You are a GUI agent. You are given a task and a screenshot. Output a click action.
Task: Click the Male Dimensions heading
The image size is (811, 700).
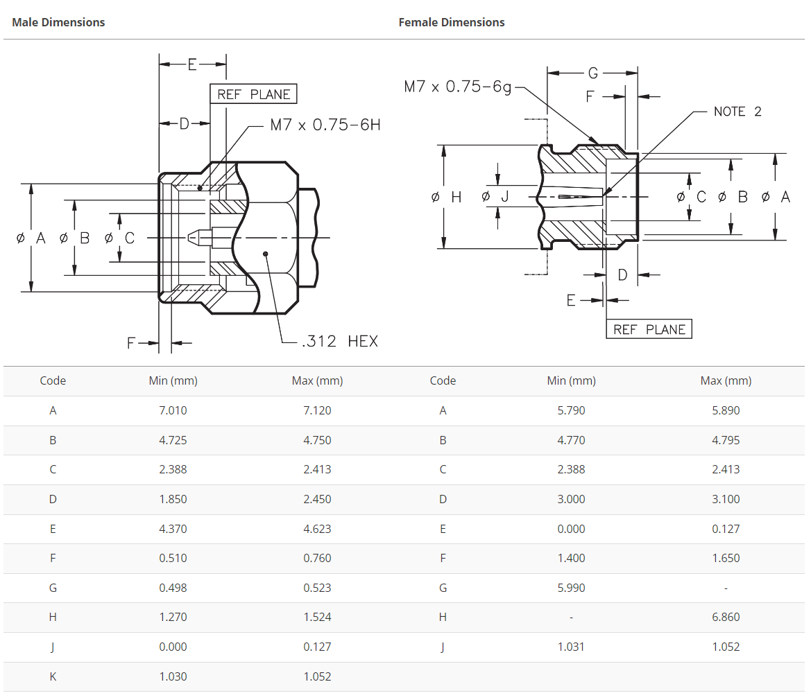(x=58, y=22)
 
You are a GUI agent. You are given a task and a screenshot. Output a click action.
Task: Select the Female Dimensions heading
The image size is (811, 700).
(x=451, y=22)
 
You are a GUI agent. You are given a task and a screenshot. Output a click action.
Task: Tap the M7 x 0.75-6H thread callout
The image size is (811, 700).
(x=325, y=125)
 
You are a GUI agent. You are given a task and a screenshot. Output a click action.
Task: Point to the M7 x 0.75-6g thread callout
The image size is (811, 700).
(x=458, y=87)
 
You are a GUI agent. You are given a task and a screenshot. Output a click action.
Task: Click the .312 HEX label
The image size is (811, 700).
(x=340, y=341)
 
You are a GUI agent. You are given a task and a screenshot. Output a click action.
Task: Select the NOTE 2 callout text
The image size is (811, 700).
(x=737, y=112)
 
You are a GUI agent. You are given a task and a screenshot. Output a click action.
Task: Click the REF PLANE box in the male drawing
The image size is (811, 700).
(x=254, y=94)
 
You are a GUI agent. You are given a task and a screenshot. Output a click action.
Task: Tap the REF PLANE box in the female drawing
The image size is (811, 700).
(x=649, y=329)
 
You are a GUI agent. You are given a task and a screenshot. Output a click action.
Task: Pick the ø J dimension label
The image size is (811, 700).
(x=495, y=197)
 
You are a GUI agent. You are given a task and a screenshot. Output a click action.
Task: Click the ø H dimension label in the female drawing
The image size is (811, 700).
(x=446, y=197)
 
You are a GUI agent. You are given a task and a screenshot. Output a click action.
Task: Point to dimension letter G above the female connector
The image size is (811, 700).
(x=592, y=73)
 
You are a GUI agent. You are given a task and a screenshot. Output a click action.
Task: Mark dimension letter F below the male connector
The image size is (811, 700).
(x=132, y=342)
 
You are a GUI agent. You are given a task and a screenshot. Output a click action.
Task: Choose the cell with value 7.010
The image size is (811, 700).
(x=173, y=410)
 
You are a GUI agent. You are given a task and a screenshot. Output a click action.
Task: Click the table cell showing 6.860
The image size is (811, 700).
(x=726, y=617)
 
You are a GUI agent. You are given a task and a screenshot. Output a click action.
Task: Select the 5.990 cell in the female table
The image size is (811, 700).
(x=571, y=588)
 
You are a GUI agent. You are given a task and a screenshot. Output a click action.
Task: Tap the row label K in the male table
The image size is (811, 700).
(x=53, y=676)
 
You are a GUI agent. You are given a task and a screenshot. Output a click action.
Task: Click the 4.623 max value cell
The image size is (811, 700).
(x=317, y=529)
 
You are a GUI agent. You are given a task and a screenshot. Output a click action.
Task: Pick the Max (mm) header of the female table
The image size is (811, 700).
(x=726, y=380)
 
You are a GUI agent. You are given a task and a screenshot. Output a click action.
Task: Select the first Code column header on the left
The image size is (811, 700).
(x=53, y=380)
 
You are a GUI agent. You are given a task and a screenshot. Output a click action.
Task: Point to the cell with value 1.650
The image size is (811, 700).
(x=726, y=558)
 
